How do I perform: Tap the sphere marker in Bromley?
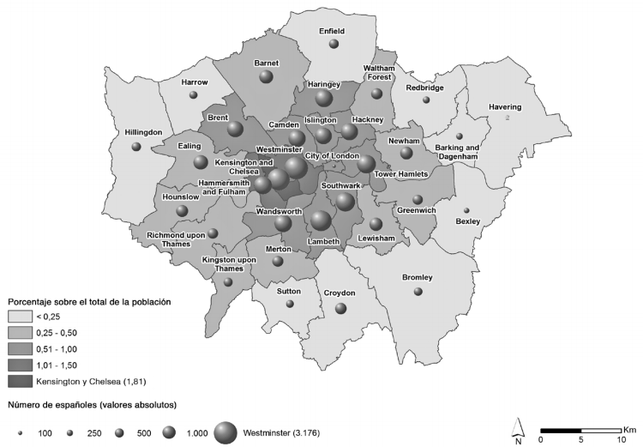(x=418, y=292)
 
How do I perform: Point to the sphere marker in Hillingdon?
(x=136, y=147)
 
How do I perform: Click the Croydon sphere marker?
(x=341, y=308)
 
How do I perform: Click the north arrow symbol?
(x=518, y=426)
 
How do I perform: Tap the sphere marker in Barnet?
(x=266, y=78)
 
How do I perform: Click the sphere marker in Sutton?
(x=290, y=304)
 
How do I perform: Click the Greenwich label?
(x=418, y=210)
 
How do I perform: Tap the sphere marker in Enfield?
(x=334, y=44)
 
